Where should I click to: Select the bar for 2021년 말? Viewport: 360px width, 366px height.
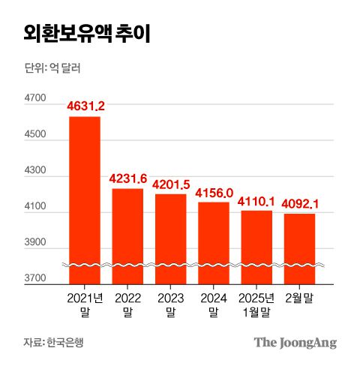click(x=85, y=199)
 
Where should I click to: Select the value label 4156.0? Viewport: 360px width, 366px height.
click(x=214, y=193)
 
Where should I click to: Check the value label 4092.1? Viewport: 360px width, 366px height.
click(x=299, y=204)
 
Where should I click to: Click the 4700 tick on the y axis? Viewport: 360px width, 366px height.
click(x=35, y=98)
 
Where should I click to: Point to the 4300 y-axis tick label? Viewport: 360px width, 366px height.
click(x=35, y=171)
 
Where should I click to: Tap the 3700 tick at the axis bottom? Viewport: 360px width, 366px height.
click(x=35, y=279)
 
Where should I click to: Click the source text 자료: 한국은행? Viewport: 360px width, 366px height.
click(x=53, y=343)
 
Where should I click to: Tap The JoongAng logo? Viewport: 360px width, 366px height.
click(x=295, y=343)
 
